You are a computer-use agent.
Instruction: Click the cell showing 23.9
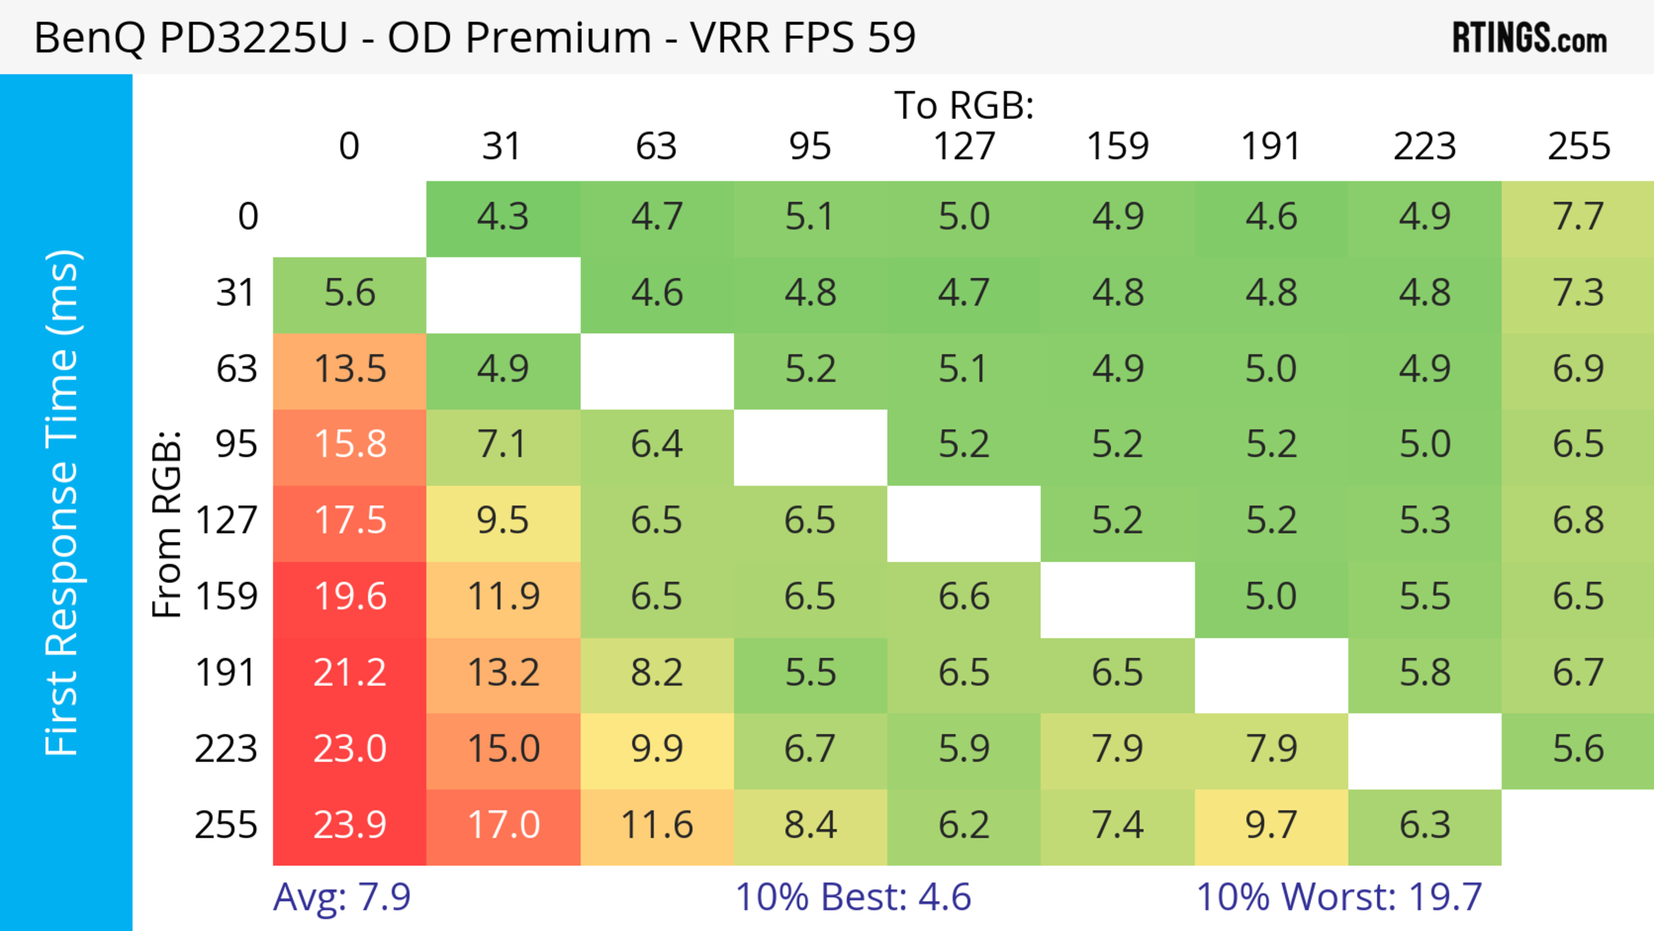[350, 825]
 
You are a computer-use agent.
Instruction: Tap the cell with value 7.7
[1578, 217]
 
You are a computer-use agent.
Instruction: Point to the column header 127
[964, 146]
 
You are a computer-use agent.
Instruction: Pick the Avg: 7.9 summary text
[342, 897]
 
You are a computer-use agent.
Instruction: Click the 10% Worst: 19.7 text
[1339, 897]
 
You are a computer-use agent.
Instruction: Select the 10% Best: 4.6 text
[853, 897]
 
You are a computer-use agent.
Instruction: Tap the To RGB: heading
[964, 105]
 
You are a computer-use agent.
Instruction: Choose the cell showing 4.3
[503, 217]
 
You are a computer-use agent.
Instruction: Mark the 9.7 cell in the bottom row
[1272, 825]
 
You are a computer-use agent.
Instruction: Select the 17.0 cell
[503, 825]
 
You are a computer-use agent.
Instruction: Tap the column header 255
[1578, 146]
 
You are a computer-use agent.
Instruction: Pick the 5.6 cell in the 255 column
[1578, 749]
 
